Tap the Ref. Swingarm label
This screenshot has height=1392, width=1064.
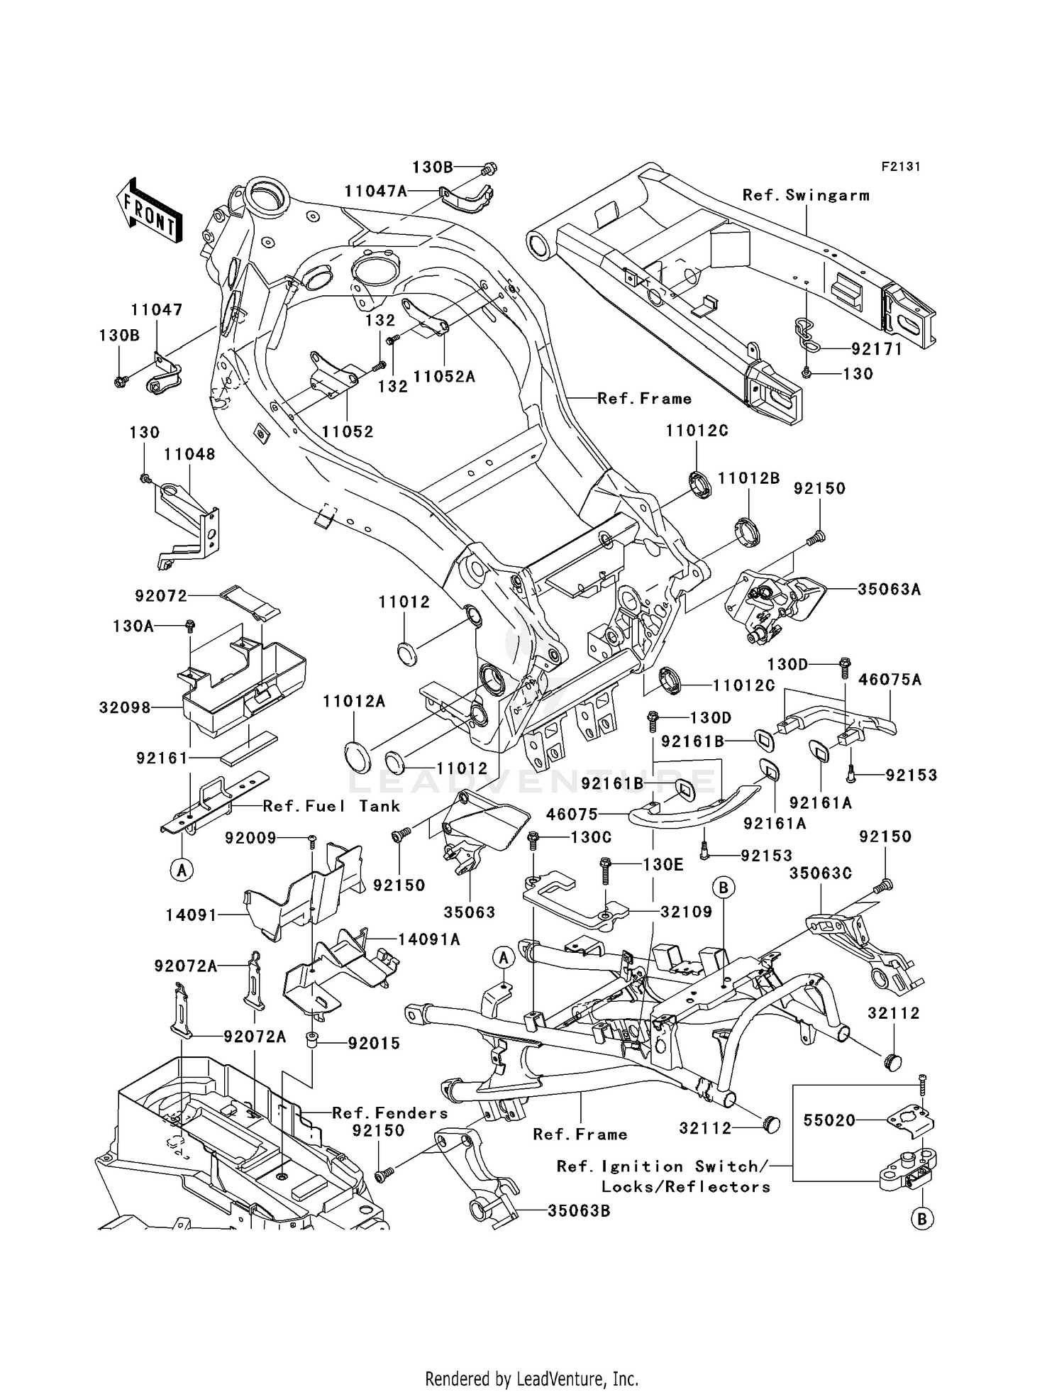(806, 195)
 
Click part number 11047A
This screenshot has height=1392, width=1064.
(376, 191)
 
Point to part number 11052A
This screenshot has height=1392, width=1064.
(444, 377)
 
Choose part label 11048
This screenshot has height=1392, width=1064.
(189, 454)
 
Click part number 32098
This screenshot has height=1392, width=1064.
(125, 707)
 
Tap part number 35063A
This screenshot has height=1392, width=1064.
(889, 589)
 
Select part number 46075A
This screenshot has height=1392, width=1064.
(890, 680)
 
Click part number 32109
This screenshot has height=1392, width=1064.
(686, 912)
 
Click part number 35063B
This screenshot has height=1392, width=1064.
(578, 1211)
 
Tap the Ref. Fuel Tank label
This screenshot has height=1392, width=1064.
(331, 806)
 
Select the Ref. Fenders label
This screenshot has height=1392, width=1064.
(390, 1113)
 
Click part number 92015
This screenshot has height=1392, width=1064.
(374, 1043)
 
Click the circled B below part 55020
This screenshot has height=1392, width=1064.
(921, 1219)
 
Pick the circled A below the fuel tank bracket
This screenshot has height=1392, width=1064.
(182, 868)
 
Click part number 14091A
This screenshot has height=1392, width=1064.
(429, 939)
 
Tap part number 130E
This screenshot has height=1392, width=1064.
(664, 865)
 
